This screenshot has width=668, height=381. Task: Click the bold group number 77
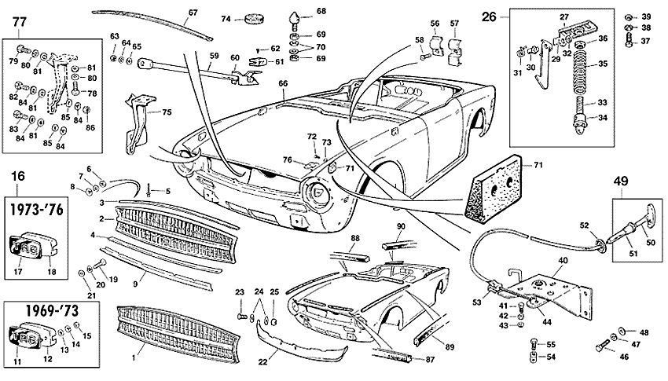coord(20,22)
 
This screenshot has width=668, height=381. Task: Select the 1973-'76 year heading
coord(36,210)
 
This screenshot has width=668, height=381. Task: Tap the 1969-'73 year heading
coord(52,311)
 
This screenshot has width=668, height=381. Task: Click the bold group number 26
coord(490,16)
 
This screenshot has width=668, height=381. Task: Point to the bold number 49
coord(621,181)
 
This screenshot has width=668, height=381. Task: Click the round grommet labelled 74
coord(255,19)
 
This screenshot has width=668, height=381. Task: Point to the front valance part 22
coord(300,341)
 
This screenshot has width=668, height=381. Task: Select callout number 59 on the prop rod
coord(214,55)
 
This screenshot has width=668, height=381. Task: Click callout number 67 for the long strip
coord(193,13)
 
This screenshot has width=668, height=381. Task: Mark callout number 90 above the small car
coord(401,226)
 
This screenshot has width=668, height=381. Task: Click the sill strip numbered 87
coord(391,354)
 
